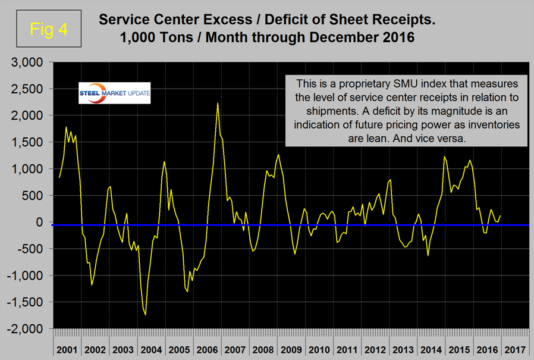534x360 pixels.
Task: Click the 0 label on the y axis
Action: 43,222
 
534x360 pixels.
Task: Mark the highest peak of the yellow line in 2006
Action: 218,103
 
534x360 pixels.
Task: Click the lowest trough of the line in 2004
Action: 145,314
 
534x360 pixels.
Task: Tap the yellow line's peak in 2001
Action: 66,127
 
